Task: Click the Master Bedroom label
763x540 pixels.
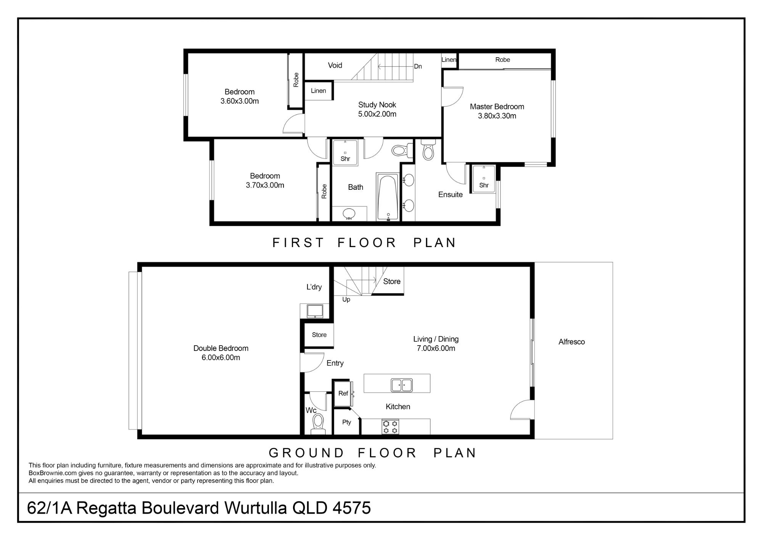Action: tap(497, 107)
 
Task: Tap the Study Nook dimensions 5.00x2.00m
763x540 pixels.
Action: tap(377, 114)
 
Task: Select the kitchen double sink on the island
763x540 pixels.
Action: tap(402, 385)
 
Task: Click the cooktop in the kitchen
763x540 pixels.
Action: tap(390, 427)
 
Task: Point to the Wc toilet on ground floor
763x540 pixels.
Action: tap(318, 424)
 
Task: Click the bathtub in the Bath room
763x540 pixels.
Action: tap(388, 197)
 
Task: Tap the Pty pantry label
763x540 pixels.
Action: tap(346, 422)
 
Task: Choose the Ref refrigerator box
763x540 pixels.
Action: tap(343, 393)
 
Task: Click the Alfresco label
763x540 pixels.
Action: tap(571, 342)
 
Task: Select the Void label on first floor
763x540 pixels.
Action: tap(335, 65)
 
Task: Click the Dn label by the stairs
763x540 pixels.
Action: tap(418, 66)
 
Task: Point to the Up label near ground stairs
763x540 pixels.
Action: tap(346, 299)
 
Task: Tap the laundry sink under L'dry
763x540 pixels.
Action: tap(315, 311)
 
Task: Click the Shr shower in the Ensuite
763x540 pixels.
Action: tap(484, 179)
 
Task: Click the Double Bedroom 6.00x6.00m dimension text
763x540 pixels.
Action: tap(221, 358)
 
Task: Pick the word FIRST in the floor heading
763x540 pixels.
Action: tap(298, 243)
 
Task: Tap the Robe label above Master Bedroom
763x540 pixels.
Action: tap(502, 60)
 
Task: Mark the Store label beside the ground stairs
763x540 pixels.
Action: tap(392, 281)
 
